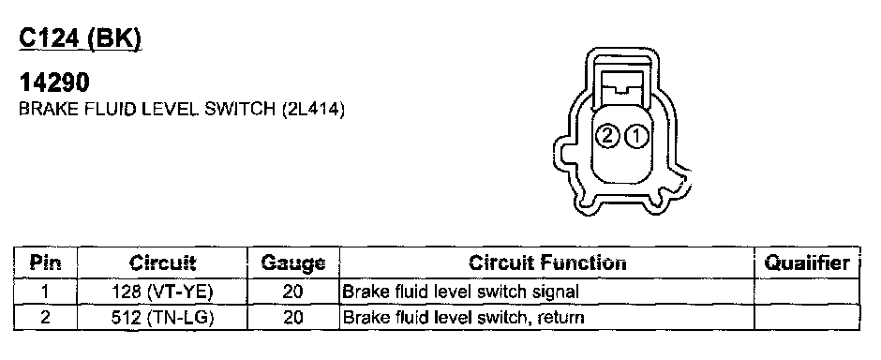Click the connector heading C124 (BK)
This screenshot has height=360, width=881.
[x=80, y=38]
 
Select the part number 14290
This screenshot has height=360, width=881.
[x=54, y=82]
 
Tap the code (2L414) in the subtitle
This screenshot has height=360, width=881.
[x=312, y=109]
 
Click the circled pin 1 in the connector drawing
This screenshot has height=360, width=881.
[x=636, y=136]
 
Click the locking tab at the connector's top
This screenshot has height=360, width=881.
[x=620, y=86]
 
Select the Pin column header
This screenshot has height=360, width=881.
[x=46, y=262]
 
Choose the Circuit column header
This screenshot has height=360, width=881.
[x=162, y=262]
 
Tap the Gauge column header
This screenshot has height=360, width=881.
[x=293, y=262]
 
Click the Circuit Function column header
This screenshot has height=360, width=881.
[x=547, y=262]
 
